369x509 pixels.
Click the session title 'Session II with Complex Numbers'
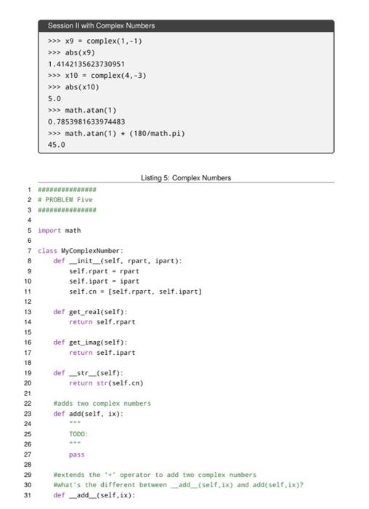[101, 25]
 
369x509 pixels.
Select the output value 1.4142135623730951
[86, 64]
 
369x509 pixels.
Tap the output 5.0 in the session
[54, 99]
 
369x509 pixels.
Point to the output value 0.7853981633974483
[86, 121]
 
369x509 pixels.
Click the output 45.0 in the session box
[57, 145]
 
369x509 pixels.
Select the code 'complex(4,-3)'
[118, 76]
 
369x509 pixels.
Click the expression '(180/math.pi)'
[157, 133]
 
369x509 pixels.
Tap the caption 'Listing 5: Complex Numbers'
[186, 178]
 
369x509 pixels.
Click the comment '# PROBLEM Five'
[65, 200]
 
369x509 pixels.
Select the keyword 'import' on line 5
[49, 231]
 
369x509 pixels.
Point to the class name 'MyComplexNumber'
[91, 251]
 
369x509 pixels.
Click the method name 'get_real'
[85, 312]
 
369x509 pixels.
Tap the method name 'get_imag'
[85, 342]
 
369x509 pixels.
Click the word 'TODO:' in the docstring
[78, 434]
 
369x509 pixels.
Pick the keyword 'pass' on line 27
[77, 454]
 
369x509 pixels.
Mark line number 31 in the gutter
[28, 495]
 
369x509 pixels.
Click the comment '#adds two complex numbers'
[102, 404]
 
